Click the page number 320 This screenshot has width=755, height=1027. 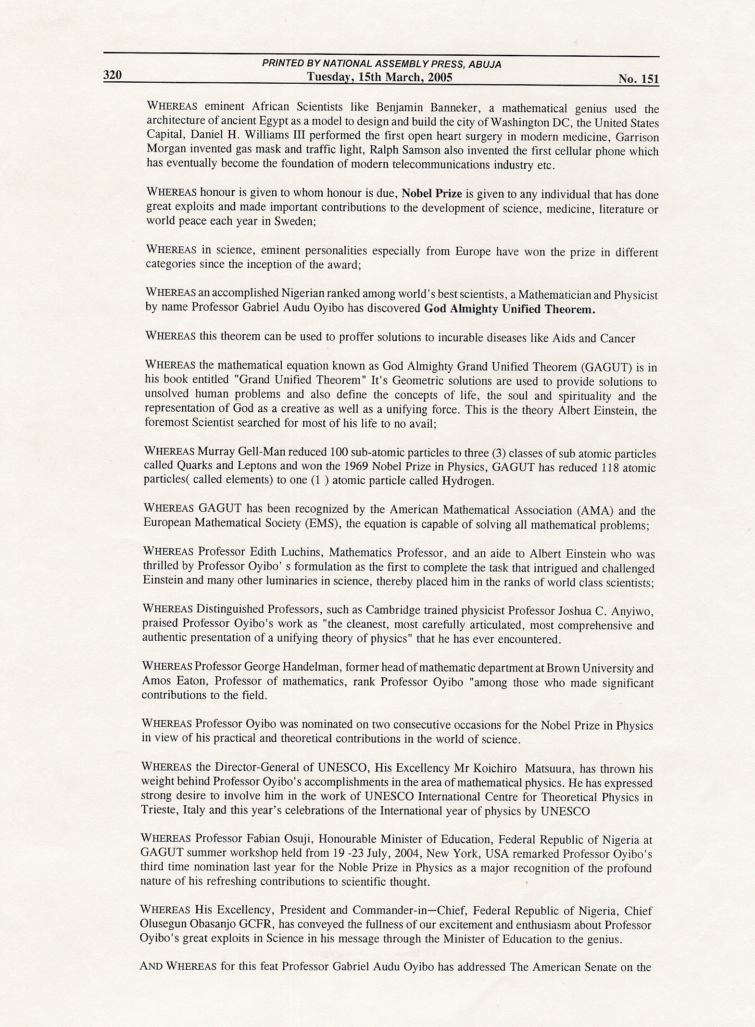[113, 76]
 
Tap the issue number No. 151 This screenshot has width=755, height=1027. [639, 79]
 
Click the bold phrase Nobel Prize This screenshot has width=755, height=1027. [432, 194]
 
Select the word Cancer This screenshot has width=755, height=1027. [617, 338]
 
